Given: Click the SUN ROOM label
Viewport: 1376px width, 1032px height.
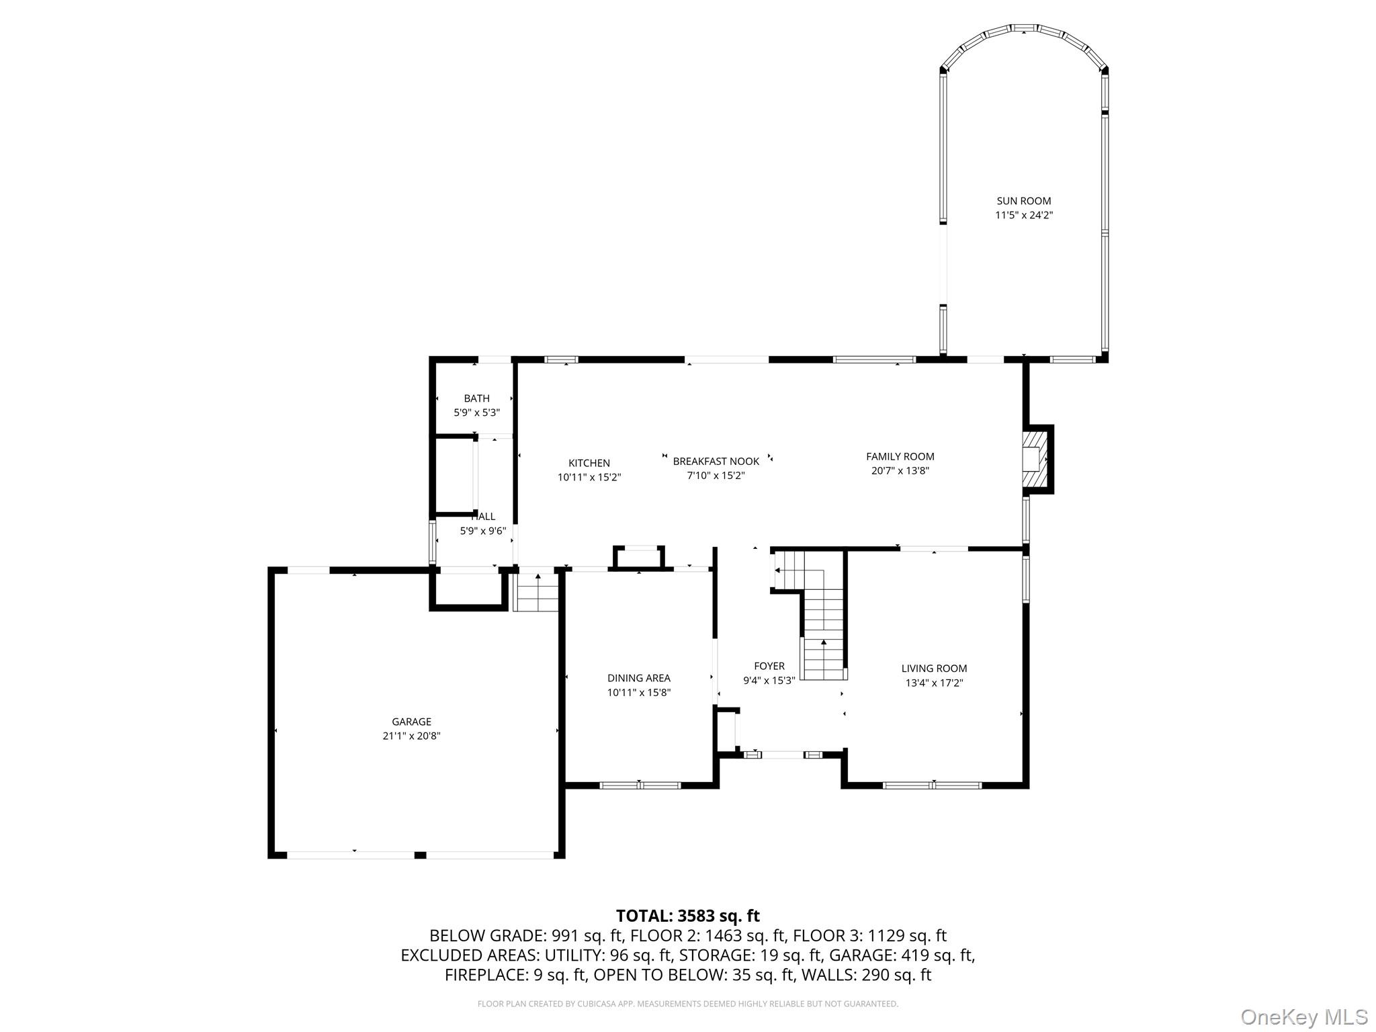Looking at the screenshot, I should point(1023,201).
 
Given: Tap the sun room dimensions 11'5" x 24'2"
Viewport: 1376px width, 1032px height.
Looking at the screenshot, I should point(1023,216).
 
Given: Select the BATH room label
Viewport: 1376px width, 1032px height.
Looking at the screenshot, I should point(476,398).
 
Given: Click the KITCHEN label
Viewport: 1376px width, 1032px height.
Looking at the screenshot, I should point(589,463).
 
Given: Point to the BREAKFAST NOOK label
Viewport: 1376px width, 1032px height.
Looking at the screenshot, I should point(716,461).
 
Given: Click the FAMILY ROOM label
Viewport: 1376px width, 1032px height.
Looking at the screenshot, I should point(900,456).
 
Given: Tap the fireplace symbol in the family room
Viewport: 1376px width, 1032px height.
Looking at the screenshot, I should point(1035,459).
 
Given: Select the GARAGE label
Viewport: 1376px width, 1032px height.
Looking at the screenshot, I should point(411,722).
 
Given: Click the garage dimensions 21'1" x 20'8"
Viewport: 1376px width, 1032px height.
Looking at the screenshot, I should point(411,736).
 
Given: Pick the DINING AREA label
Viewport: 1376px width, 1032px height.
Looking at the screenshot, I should point(638,678).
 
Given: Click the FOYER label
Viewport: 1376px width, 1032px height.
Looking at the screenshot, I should point(769,666).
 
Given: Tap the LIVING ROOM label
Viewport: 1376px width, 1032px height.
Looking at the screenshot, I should point(934,668).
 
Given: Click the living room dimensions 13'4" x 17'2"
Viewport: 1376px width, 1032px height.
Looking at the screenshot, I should point(934,683).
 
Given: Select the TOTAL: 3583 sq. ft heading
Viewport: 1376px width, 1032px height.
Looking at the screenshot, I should point(687,915).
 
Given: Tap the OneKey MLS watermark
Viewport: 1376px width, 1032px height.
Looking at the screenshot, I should point(1303,1017).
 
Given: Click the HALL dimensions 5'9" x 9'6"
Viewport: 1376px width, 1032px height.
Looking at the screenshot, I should point(482,531).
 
